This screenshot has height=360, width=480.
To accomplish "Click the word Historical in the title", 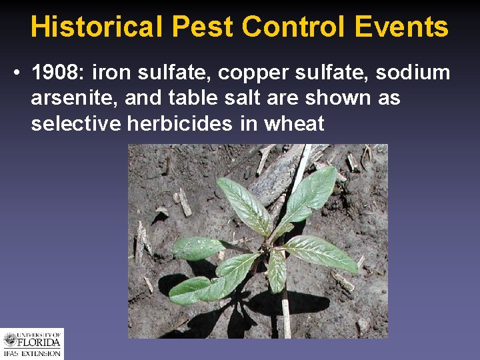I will click(97, 27).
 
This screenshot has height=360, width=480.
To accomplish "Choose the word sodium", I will click(420, 73).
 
